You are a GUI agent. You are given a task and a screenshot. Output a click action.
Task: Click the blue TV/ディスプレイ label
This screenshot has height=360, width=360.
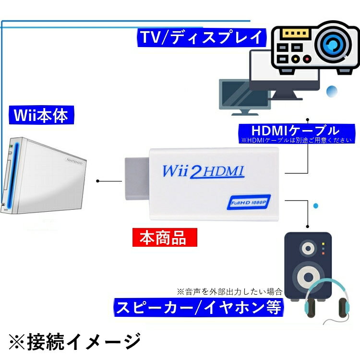(202, 37)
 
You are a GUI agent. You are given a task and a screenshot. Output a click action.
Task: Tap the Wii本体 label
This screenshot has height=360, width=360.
(41, 115)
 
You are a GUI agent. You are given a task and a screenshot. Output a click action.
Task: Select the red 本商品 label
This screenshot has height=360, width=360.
(165, 238)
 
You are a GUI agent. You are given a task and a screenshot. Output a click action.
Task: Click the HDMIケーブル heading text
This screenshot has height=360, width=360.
(295, 131)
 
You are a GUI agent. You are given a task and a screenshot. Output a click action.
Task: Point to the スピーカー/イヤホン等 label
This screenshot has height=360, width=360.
(199, 307)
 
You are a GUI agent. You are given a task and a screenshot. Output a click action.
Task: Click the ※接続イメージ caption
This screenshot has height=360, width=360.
(75, 342)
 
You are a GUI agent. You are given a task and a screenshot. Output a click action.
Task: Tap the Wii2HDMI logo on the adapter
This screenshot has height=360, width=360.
(203, 171)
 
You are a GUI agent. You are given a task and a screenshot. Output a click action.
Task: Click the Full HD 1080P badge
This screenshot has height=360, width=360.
(249, 202)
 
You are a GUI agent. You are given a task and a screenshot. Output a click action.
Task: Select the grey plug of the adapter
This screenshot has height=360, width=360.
(137, 179)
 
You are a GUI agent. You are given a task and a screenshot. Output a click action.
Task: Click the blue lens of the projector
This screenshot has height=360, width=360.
(333, 44)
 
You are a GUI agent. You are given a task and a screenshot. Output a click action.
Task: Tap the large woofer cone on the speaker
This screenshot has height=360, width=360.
(308, 277)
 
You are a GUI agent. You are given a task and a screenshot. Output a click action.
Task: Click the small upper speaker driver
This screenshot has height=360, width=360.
(308, 249)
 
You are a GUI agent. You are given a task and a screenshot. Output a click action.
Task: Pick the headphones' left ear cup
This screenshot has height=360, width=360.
(310, 307)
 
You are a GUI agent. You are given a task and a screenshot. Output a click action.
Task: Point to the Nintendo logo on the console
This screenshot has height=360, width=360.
(74, 161)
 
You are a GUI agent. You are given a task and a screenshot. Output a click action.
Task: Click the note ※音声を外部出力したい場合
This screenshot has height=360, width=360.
(229, 291)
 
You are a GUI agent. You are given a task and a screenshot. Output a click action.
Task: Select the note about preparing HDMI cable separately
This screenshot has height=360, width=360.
(296, 140)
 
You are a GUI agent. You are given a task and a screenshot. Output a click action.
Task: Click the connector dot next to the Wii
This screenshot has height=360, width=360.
(97, 181)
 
